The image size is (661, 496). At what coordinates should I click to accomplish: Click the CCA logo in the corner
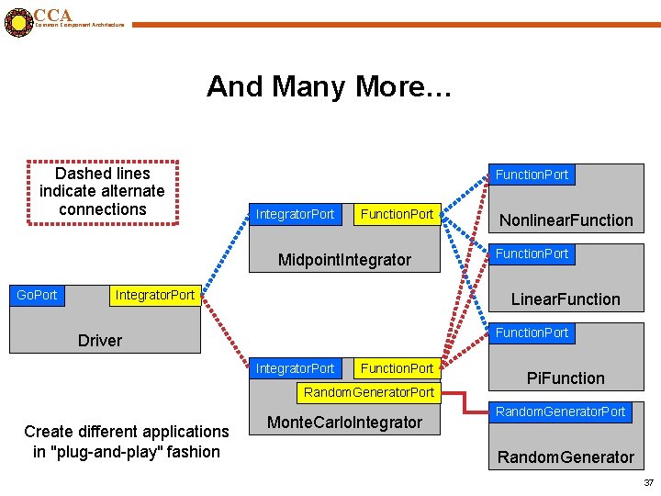[x=17, y=21]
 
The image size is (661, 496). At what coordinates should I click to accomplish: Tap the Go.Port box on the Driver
[x=37, y=295]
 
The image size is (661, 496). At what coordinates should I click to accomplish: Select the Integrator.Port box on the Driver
[x=154, y=295]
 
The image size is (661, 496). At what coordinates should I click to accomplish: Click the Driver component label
[x=100, y=341]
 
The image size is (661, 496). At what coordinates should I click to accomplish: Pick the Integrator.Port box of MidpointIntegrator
[x=295, y=214]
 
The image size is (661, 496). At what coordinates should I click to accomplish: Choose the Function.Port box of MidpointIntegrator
[x=397, y=214]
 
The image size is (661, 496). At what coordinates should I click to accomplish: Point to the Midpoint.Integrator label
[x=344, y=260]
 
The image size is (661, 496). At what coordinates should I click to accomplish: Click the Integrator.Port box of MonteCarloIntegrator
[x=295, y=368]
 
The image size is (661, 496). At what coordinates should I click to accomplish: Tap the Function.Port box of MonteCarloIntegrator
[x=397, y=368]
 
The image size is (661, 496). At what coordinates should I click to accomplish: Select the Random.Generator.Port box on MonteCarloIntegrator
[x=369, y=392]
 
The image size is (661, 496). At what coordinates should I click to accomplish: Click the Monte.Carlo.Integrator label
[x=344, y=423]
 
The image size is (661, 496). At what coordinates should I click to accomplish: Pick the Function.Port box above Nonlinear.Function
[x=532, y=175]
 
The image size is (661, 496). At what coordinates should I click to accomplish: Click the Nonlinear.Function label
[x=566, y=220]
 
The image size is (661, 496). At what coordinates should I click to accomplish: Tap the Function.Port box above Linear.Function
[x=532, y=254]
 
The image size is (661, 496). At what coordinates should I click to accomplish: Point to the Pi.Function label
[x=566, y=378]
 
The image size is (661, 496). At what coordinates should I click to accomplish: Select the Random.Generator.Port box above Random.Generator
[x=560, y=411]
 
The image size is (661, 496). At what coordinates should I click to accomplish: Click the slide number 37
[x=648, y=483]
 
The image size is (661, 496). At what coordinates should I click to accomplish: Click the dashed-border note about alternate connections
[x=102, y=191]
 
